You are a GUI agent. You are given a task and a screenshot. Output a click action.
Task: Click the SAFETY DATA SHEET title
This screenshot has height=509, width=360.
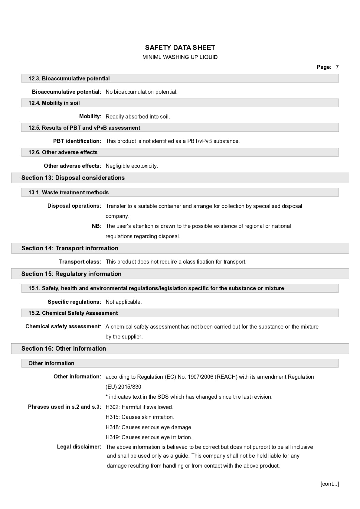click(x=180, y=48)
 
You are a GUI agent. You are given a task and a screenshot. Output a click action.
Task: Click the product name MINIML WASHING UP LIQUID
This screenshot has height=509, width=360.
click(x=180, y=57)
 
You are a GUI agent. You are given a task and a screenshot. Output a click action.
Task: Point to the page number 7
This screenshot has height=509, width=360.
click(x=337, y=67)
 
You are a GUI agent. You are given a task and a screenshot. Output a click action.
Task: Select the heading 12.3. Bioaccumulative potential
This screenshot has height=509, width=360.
click(x=69, y=79)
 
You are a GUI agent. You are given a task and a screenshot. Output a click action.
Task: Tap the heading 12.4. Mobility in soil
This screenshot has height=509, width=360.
click(x=54, y=103)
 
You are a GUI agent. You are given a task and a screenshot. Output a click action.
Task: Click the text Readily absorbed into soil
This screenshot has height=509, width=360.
click(x=138, y=117)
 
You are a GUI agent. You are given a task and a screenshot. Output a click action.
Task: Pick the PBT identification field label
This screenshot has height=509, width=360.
click(x=77, y=141)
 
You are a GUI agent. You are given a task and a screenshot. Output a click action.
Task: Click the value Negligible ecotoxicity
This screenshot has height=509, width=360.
click(x=132, y=166)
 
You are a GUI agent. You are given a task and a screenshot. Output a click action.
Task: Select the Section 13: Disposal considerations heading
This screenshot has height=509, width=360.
click(x=73, y=178)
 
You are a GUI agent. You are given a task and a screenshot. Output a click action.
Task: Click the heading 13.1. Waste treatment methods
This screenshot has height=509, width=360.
click(x=68, y=193)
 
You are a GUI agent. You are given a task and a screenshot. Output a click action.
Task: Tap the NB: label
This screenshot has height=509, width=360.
click(x=97, y=226)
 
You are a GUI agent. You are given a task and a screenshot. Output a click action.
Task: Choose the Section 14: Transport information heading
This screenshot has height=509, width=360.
click(x=70, y=248)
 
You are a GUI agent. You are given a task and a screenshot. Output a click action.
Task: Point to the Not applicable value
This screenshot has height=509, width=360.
click(x=123, y=302)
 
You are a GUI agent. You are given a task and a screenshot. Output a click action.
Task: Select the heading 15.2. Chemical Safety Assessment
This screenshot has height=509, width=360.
click(x=73, y=313)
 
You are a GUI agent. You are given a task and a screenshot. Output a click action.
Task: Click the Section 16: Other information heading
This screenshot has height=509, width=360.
click(x=64, y=349)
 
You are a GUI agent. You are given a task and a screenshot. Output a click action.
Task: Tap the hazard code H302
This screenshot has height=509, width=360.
click(x=113, y=407)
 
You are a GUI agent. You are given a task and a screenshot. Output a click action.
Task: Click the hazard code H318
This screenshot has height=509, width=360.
click(x=113, y=427)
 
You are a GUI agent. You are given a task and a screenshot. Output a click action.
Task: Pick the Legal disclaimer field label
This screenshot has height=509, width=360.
click(x=79, y=447)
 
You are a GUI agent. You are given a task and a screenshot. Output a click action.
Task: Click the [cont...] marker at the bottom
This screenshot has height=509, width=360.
click(x=329, y=484)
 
